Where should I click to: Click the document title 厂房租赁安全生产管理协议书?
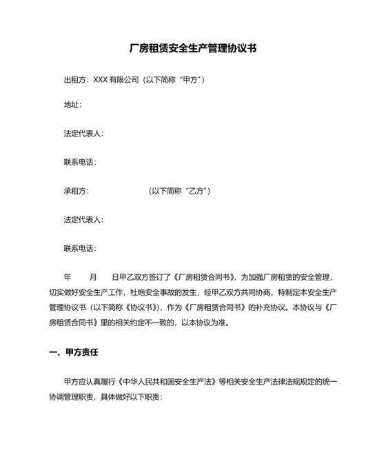[x=193, y=49]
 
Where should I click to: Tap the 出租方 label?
[x=75, y=80]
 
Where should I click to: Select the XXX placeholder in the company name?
[x=101, y=80]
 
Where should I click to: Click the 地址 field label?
[x=72, y=105]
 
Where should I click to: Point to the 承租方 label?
[x=75, y=191]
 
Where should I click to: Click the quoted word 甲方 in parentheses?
[x=190, y=80]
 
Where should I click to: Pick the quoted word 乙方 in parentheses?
[x=196, y=191]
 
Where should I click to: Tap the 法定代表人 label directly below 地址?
[x=83, y=134]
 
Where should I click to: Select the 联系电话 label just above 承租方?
[x=79, y=163]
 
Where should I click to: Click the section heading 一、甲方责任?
[x=74, y=353]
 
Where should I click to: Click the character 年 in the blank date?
[x=68, y=277]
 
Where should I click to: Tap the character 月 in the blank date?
[x=94, y=277]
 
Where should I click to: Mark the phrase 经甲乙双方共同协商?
[x=238, y=292]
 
